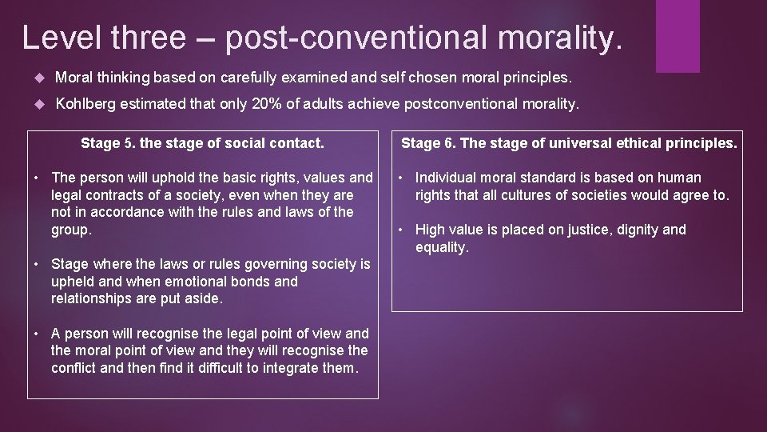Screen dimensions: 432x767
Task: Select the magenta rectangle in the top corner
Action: pyautogui.click(x=678, y=36)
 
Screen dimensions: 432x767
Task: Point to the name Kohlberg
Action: pyautogui.click(x=86, y=104)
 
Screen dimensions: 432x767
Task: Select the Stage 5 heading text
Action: pyautogui.click(x=202, y=144)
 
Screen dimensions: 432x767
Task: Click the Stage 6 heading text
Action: pyautogui.click(x=568, y=144)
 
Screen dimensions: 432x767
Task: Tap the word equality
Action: pyautogui.click(x=440, y=248)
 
